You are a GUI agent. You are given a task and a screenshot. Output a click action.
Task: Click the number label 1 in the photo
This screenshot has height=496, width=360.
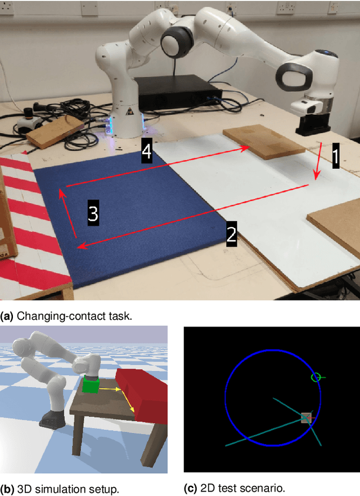pyautogui.click(x=335, y=156)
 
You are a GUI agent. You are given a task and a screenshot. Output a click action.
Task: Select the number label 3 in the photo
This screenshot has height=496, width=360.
pyautogui.click(x=93, y=213)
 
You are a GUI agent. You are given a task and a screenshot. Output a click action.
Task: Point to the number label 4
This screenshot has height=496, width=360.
pyautogui.click(x=146, y=153)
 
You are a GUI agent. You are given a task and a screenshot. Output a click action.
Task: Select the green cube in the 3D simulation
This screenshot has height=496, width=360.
pyautogui.click(x=89, y=386)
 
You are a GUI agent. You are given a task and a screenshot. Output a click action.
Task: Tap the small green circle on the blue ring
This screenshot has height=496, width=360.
pyautogui.click(x=316, y=377)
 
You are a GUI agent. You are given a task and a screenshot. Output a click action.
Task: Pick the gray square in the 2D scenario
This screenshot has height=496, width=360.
pyautogui.click(x=306, y=417)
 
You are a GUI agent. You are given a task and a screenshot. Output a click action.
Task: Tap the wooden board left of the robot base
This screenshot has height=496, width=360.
pyautogui.click(x=55, y=132)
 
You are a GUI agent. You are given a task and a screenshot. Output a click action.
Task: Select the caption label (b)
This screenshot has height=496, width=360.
pyautogui.click(x=7, y=489)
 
